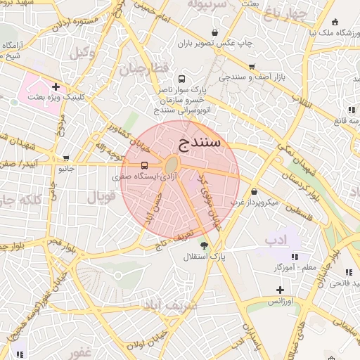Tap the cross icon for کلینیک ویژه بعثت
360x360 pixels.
[x=56, y=86]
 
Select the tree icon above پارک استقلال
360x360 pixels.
[x=204, y=245]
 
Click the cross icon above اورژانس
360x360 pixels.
[x=280, y=290]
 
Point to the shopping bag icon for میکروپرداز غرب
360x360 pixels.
[x=254, y=191]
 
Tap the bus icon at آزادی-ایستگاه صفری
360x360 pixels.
[x=145, y=165]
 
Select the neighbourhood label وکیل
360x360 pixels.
[x=83, y=53]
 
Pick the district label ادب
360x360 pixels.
[x=276, y=240]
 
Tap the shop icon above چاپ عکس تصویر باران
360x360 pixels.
[x=215, y=32]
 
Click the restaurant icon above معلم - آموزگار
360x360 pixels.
[x=295, y=257]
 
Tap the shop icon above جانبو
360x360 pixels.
[x=66, y=158]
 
